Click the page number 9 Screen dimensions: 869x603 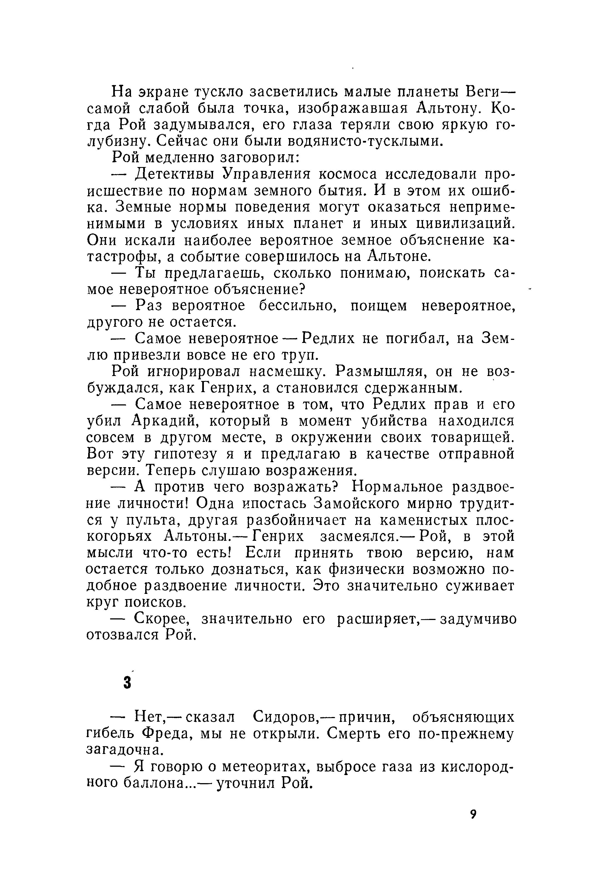[473, 814]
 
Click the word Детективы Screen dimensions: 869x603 [176, 175]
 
